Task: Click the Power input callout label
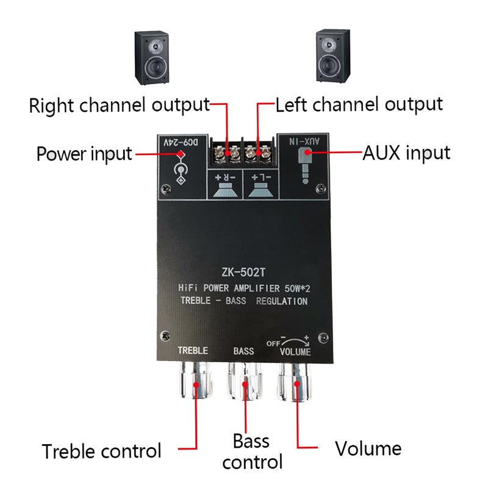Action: point(84,153)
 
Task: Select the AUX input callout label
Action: point(407,152)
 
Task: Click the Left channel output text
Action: point(359,104)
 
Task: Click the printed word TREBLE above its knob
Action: point(193,351)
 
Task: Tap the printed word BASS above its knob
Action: point(244,352)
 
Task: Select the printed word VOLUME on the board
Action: point(295,352)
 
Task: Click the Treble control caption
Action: point(102,451)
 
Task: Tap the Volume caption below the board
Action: point(368,449)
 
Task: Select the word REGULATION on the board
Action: point(282,302)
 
